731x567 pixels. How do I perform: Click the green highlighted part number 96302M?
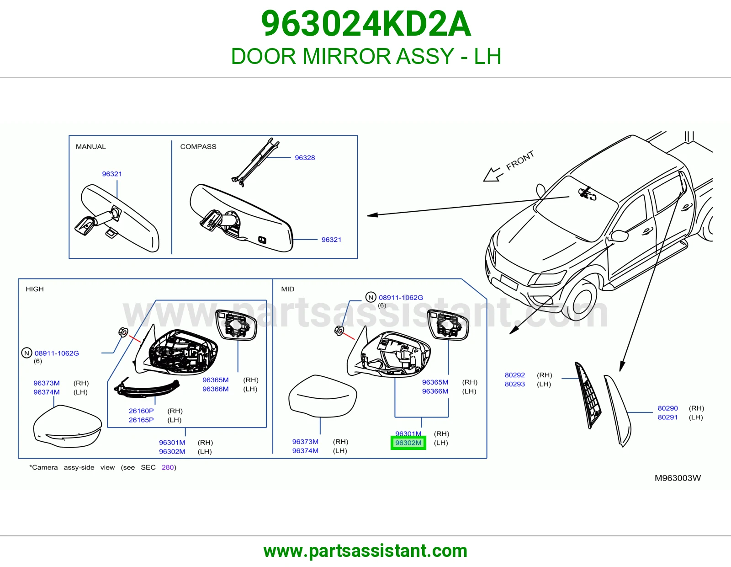click(408, 443)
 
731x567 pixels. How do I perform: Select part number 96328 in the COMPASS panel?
click(305, 158)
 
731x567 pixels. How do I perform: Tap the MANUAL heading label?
click(90, 146)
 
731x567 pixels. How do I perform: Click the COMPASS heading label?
click(198, 146)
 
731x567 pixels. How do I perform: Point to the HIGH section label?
click(35, 289)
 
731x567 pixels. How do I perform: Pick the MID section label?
click(288, 289)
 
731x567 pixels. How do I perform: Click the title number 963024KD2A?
click(366, 24)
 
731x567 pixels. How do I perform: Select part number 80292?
click(515, 375)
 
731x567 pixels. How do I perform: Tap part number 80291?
click(668, 417)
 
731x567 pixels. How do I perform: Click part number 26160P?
click(141, 411)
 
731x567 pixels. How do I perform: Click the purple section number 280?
click(168, 467)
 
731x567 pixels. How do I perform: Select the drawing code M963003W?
click(678, 478)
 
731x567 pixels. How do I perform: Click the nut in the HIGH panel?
click(123, 332)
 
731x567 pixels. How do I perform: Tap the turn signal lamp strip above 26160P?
click(147, 388)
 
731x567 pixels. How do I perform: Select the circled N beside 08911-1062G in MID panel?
click(371, 297)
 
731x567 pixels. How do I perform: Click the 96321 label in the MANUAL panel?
click(111, 174)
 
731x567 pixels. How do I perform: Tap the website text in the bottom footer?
click(365, 551)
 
